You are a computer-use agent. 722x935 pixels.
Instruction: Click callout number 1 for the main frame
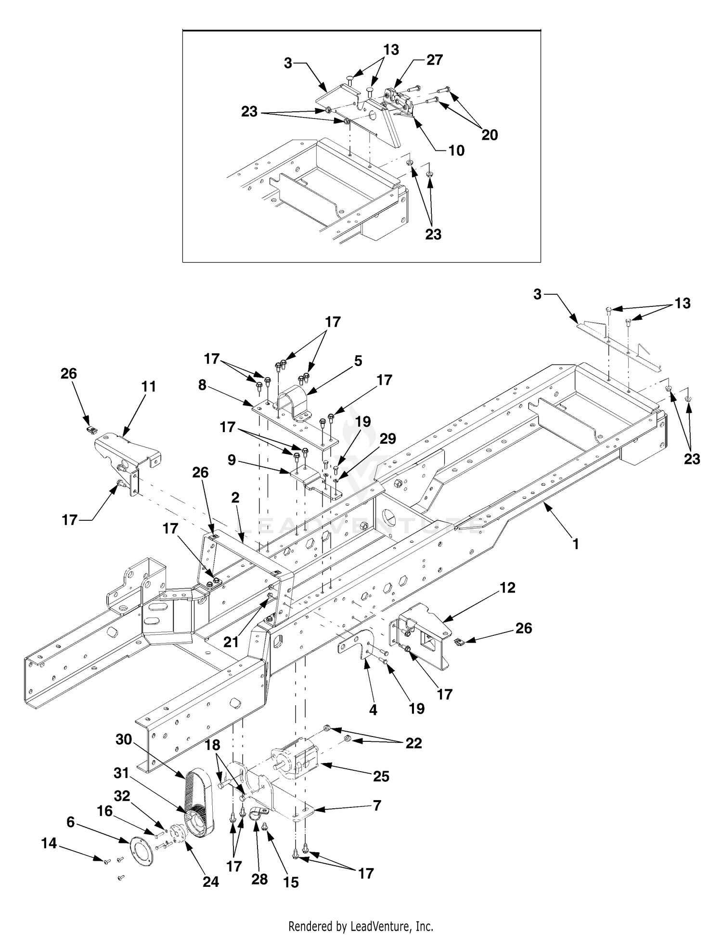pyautogui.click(x=576, y=544)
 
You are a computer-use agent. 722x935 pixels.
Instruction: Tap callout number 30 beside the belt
pyautogui.click(x=124, y=739)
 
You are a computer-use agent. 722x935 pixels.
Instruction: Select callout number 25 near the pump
pyautogui.click(x=381, y=776)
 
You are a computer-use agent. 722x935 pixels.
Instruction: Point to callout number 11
pyautogui.click(x=149, y=386)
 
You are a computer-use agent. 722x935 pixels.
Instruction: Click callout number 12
pyautogui.click(x=507, y=588)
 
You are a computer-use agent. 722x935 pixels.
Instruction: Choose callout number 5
pyautogui.click(x=358, y=361)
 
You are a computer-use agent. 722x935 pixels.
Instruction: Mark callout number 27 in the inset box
pyautogui.click(x=435, y=60)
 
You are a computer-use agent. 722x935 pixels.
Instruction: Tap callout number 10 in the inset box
pyautogui.click(x=456, y=150)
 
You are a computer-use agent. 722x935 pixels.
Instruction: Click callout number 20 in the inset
pyautogui.click(x=490, y=135)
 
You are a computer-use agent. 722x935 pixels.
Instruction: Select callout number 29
pyautogui.click(x=388, y=439)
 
